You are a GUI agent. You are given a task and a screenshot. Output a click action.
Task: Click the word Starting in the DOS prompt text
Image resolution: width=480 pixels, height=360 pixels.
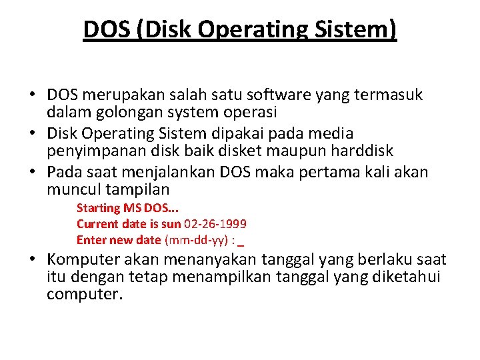pyautogui.click(x=99, y=209)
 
